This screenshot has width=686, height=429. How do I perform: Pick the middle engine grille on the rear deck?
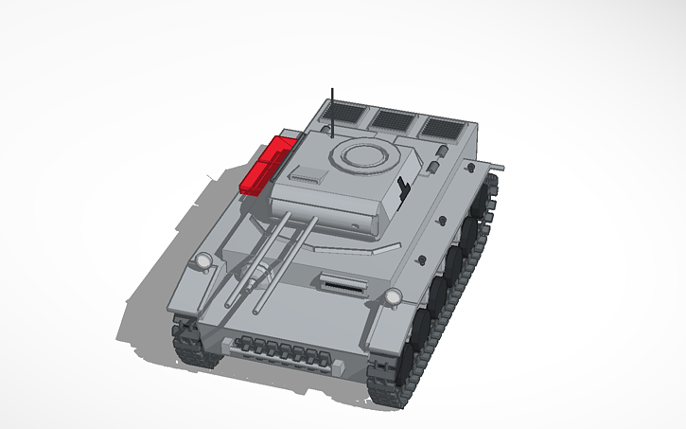coord(393,120)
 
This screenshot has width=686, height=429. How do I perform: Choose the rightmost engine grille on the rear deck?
coord(444,127)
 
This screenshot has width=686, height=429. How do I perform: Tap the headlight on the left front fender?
coord(202,260)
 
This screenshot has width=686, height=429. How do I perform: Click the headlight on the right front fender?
coord(390,299)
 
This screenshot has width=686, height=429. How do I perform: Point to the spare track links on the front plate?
coord(284,351)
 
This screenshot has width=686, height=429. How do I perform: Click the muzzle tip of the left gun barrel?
coord(227,304)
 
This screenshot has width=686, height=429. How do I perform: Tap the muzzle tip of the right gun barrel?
coord(257,311)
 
